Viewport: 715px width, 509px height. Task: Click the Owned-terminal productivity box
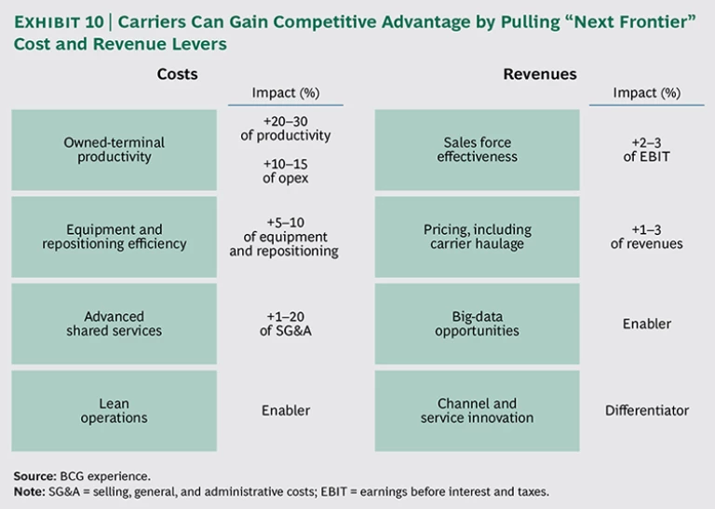[114, 149]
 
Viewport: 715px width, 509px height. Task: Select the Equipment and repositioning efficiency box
[114, 237]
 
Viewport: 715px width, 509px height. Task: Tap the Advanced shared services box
[114, 323]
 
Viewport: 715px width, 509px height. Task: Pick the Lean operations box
[114, 410]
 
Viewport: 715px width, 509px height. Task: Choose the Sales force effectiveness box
[477, 149]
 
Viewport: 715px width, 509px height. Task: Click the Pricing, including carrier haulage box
[477, 237]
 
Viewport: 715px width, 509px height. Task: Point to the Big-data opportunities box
[477, 323]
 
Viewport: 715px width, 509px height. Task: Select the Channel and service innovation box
[477, 410]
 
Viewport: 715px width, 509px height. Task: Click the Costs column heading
[177, 75]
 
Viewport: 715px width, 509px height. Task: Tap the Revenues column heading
[540, 75]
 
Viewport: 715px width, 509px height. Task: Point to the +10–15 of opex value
[285, 170]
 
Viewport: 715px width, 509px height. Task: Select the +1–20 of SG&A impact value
[285, 323]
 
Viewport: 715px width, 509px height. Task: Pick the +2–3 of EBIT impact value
[647, 149]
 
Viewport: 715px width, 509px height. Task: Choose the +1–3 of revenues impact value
[647, 237]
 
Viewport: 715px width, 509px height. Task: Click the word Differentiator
[647, 410]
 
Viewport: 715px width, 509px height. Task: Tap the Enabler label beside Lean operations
[285, 410]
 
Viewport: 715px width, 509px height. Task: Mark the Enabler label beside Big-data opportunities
[647, 323]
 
